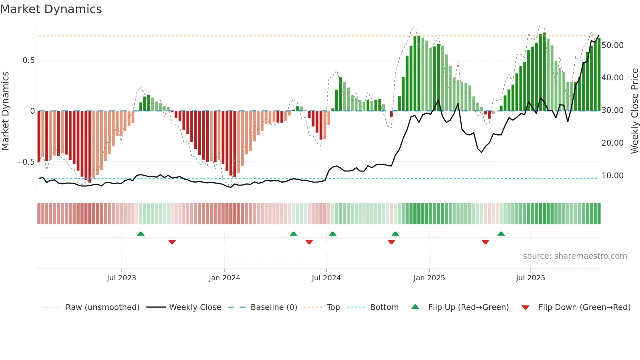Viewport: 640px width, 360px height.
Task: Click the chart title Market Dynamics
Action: click(51, 9)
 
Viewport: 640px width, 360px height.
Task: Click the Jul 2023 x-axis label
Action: click(121, 278)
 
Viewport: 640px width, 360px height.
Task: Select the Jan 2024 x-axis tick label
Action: click(224, 278)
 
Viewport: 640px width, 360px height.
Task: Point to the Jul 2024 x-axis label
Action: click(326, 278)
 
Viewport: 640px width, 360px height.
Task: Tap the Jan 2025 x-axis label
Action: click(429, 278)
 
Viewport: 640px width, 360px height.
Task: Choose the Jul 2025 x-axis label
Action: click(530, 278)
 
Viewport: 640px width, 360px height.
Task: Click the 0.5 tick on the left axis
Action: click(28, 60)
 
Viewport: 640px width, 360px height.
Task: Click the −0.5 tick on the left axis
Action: click(26, 162)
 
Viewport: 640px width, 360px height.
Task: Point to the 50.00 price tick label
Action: click(612, 45)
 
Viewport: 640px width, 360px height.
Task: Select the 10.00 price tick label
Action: click(612, 176)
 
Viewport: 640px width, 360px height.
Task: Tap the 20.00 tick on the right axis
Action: click(612, 143)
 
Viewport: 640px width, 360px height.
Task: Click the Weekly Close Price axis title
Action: click(634, 111)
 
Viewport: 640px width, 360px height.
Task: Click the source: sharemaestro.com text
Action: click(575, 256)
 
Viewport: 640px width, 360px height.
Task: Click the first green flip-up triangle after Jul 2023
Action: click(141, 234)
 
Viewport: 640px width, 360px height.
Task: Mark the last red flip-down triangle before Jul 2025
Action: click(485, 242)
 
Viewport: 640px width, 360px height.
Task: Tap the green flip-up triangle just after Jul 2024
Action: click(332, 234)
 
